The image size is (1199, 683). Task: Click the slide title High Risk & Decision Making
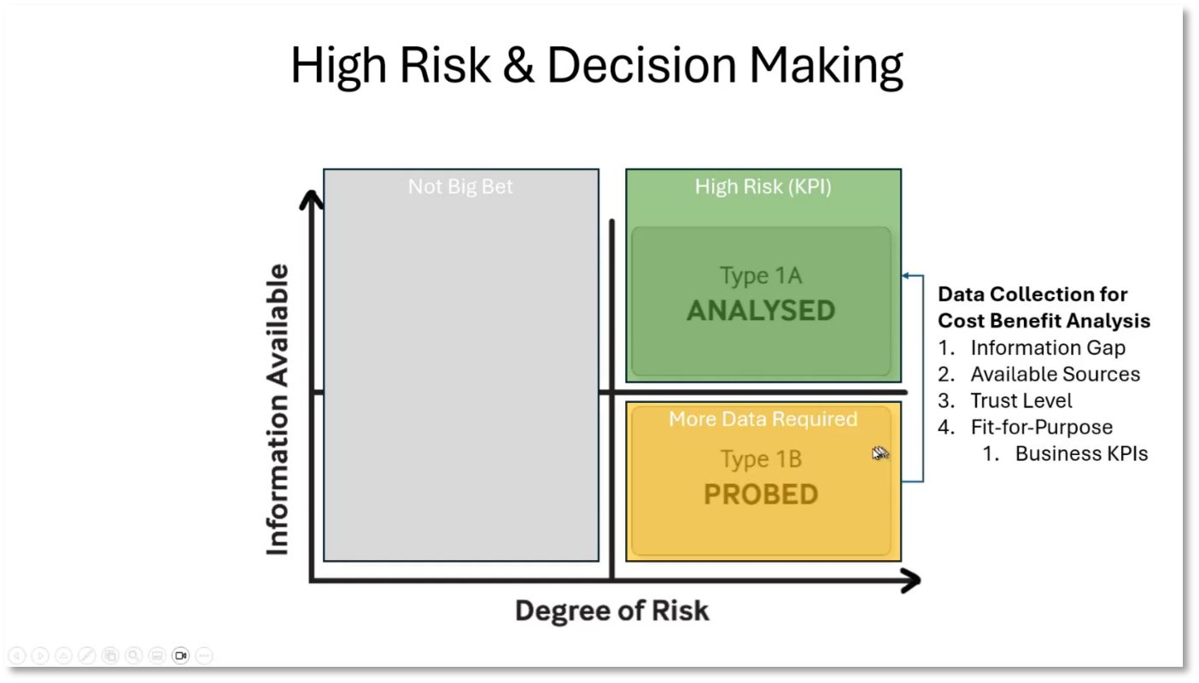click(x=597, y=66)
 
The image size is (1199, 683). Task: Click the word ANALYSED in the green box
click(x=761, y=311)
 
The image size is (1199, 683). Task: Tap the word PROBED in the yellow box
click(x=761, y=495)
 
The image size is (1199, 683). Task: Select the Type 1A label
click(x=761, y=276)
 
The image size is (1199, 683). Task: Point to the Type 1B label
click(x=761, y=459)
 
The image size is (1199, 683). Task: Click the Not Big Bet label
click(x=460, y=186)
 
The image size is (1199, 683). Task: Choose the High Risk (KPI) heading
click(x=763, y=186)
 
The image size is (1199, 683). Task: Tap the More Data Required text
click(x=763, y=419)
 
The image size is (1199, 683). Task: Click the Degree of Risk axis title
click(x=611, y=611)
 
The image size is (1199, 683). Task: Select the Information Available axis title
click(x=278, y=410)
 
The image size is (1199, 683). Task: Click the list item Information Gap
click(x=1047, y=348)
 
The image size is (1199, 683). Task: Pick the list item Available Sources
click(x=1055, y=375)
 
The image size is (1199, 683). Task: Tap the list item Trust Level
click(x=1021, y=401)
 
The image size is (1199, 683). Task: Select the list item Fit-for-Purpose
click(x=1041, y=428)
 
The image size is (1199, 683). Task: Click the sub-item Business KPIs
click(x=1080, y=454)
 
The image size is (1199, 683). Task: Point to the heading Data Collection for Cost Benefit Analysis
click(x=1044, y=307)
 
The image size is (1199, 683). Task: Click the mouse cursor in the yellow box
click(x=880, y=453)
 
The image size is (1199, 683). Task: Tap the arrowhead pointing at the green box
click(x=907, y=276)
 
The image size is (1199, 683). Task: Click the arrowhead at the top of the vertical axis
click(x=313, y=200)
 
